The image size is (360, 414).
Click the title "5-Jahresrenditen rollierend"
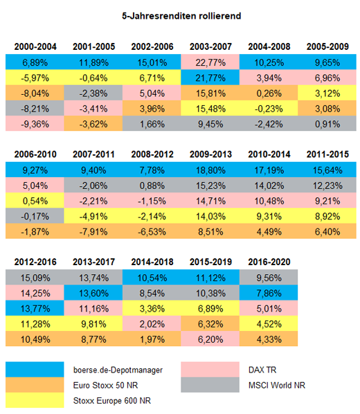181,16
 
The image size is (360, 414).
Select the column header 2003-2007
210,47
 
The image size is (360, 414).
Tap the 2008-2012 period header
152,154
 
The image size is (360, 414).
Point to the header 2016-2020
269,262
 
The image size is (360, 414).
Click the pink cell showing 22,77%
210,62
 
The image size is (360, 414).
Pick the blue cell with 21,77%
210,78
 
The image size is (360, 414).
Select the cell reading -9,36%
35,123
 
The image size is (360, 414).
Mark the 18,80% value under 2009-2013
210,170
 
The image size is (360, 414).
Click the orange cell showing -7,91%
93,231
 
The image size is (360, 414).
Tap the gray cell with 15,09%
35,277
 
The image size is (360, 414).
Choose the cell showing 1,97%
152,339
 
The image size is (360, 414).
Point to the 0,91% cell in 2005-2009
327,123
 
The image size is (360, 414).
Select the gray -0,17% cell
35,216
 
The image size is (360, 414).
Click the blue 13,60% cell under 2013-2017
93,293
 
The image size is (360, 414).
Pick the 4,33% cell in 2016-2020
269,339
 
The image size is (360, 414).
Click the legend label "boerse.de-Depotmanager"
118,370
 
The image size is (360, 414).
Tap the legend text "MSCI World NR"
277,385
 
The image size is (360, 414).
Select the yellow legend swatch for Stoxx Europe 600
35,400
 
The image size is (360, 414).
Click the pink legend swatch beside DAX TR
210,370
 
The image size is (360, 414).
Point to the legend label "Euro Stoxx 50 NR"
105,385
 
